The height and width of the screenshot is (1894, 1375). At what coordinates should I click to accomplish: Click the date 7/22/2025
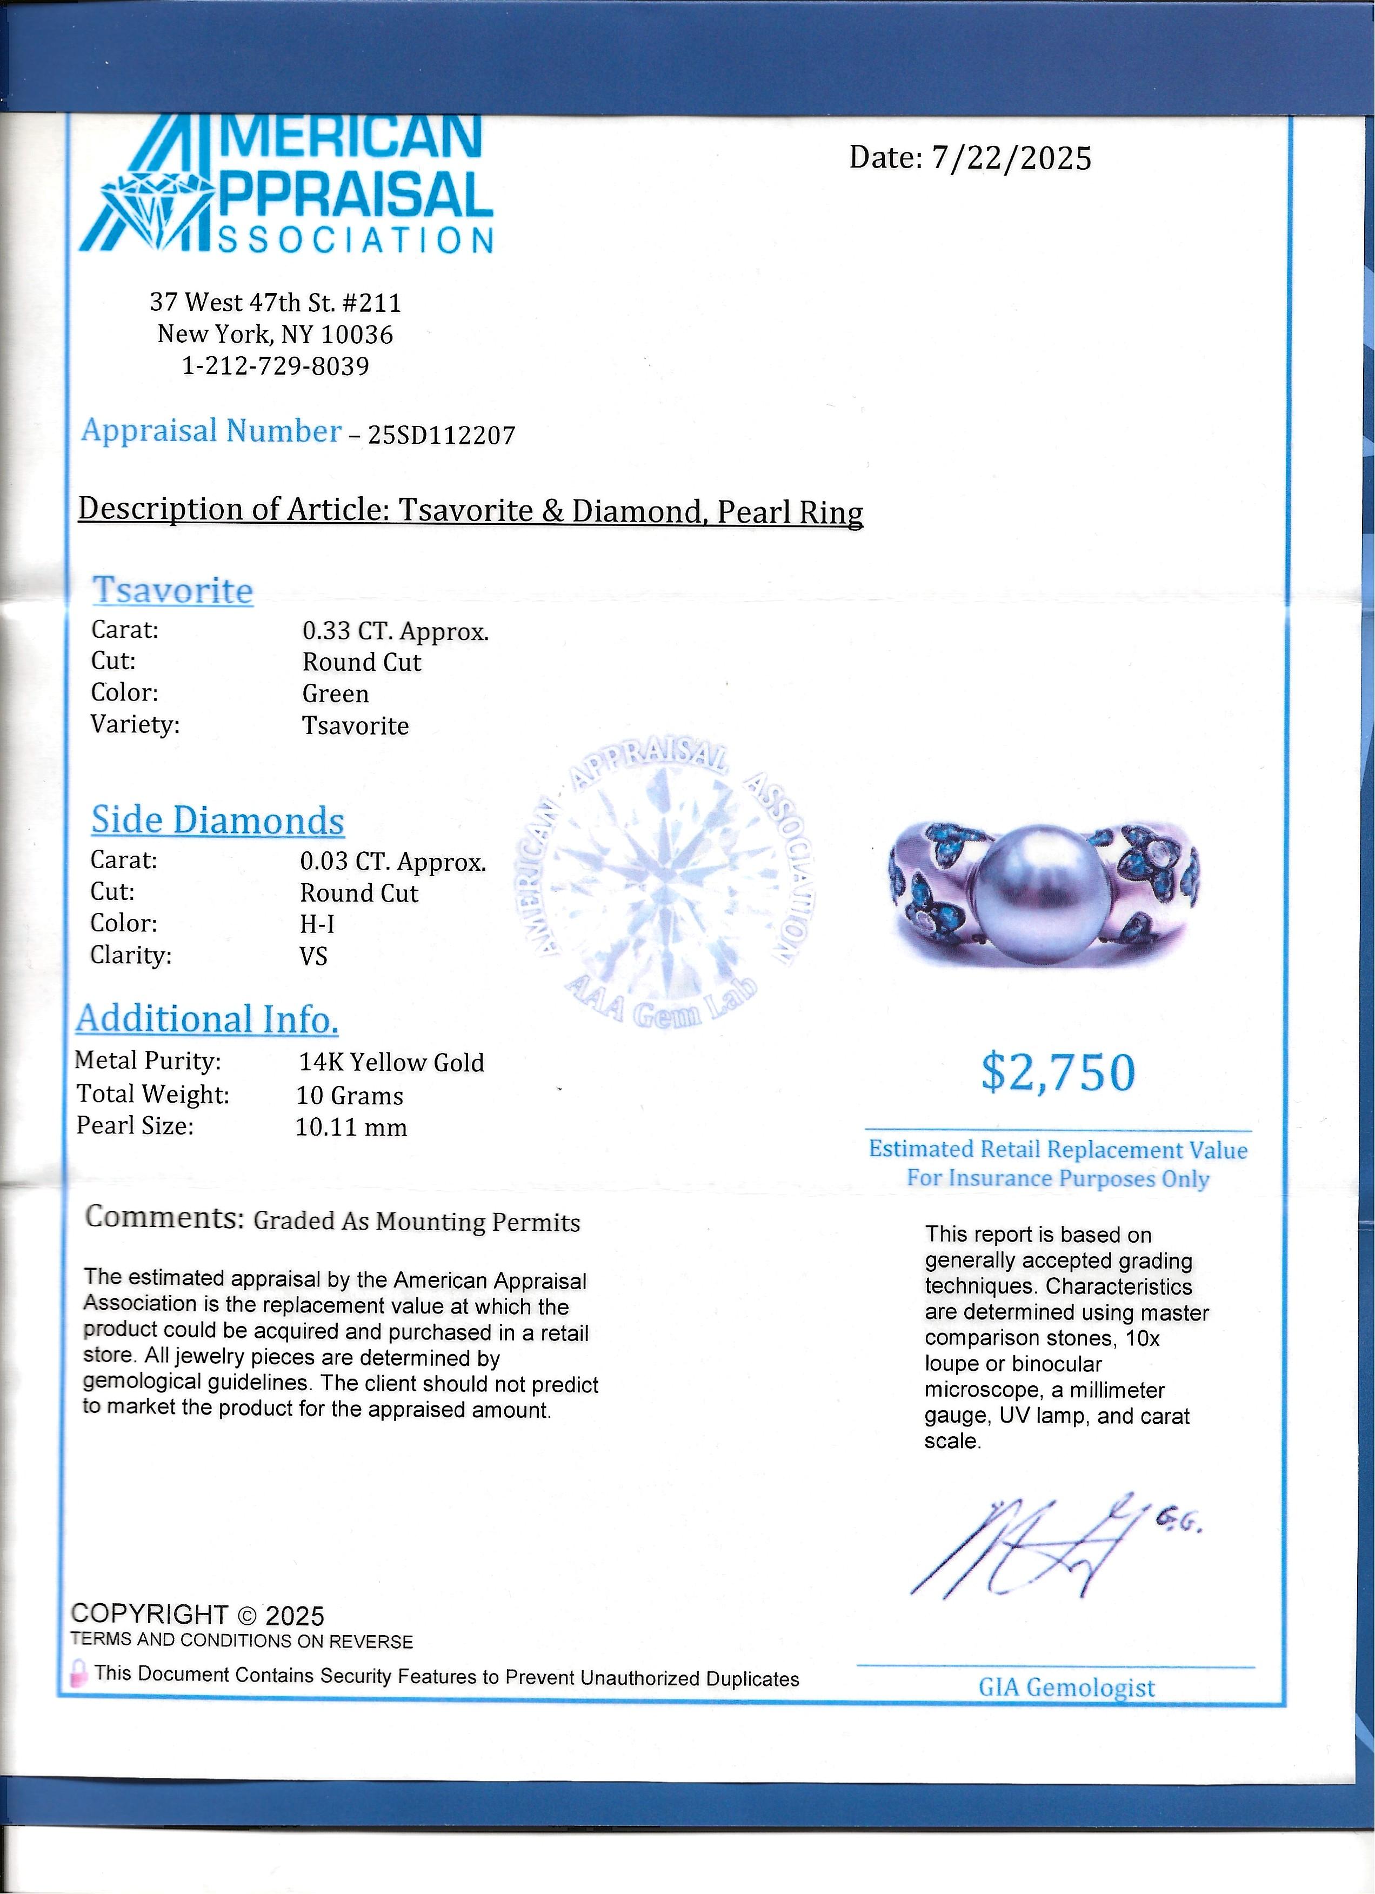1011,158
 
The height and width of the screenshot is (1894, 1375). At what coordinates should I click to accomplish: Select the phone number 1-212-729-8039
276,366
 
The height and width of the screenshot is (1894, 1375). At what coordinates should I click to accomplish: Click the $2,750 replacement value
1058,1073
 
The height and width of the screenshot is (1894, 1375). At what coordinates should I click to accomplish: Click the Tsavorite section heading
172,590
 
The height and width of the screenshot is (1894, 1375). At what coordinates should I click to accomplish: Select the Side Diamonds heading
217,820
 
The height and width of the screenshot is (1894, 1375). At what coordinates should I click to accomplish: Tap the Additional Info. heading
207,1019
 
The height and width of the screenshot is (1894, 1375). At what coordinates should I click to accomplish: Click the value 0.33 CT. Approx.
395,631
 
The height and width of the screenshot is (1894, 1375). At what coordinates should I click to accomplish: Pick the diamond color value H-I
317,924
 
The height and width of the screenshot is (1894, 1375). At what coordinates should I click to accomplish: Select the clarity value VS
314,955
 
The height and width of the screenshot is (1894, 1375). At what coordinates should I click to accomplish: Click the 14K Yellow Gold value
391,1062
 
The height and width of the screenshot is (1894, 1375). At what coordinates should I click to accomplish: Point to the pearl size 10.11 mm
351,1128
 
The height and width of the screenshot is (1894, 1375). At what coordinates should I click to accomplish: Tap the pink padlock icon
79,1675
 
